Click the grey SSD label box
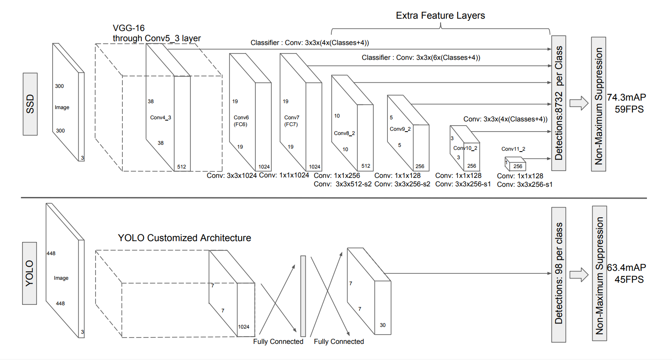(30, 104)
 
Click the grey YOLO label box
(29, 273)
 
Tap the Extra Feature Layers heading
(440, 16)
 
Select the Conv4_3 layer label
(161, 118)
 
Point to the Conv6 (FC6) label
(241, 121)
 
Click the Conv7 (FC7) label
(291, 121)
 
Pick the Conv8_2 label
(344, 133)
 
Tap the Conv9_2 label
(400, 129)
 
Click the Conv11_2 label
(513, 149)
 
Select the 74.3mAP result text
(626, 98)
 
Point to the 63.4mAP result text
(626, 268)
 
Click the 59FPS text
(629, 110)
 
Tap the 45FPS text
(629, 280)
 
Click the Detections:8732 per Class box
(559, 103)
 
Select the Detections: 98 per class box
(559, 274)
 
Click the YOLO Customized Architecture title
(184, 238)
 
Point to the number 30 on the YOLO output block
(383, 325)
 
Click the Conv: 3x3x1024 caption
(232, 176)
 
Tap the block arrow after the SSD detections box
(579, 103)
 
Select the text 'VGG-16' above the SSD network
(129, 28)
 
